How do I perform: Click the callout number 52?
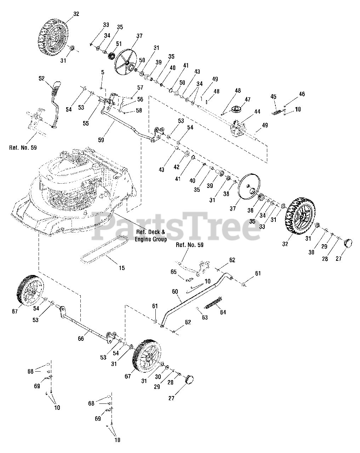pyautogui.click(x=42, y=78)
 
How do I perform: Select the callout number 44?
pyautogui.click(x=257, y=112)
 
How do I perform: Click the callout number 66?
pyautogui.click(x=81, y=339)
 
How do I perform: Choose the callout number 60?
pyautogui.click(x=175, y=291)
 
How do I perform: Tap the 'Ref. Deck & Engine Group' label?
pyautogui.click(x=150, y=236)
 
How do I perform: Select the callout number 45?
pyautogui.click(x=273, y=97)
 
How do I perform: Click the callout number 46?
pyautogui.click(x=302, y=94)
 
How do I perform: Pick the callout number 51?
pyautogui.click(x=119, y=44)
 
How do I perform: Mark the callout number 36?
pyautogui.click(x=250, y=210)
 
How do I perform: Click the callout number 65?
pyautogui.click(x=173, y=272)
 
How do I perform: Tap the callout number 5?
pyautogui.click(x=103, y=73)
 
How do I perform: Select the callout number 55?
pyautogui.click(x=86, y=124)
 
